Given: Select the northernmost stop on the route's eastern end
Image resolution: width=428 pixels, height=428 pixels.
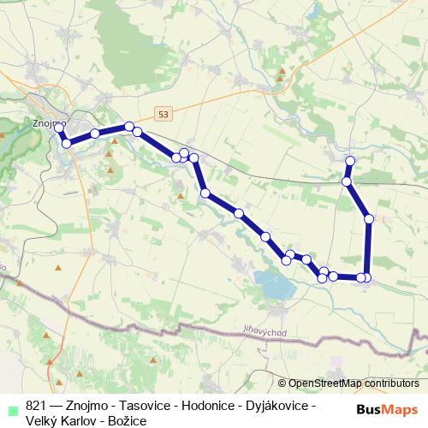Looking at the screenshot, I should click(349, 161).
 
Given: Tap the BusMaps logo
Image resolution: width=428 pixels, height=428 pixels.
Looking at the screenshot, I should click(388, 408).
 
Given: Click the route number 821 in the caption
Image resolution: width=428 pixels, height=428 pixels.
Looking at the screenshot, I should click(36, 405).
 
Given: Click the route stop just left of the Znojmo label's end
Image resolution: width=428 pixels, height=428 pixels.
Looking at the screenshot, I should click(58, 128).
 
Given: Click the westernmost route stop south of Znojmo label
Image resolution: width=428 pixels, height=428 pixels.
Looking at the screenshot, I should click(66, 143).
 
